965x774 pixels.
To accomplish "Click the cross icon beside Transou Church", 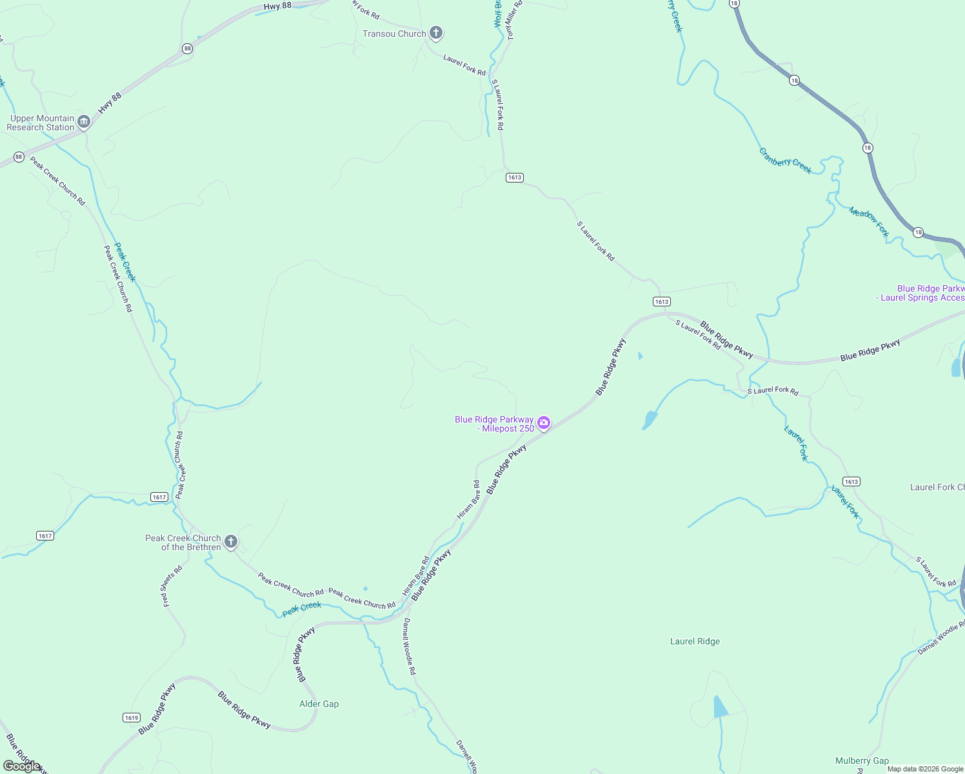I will pos(436,33).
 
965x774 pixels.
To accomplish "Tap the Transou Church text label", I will pos(394,34).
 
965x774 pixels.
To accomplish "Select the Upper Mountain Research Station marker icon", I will pos(84,122).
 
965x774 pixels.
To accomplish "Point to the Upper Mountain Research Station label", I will pos(41,123).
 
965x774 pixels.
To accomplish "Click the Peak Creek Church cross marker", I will pos(231,542).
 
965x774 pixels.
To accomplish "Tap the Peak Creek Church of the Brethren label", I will pos(183,542).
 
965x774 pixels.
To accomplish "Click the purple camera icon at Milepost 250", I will pos(544,423).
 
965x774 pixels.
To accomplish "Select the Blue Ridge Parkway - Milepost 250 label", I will pos(495,424).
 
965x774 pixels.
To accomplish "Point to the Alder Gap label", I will pos(319,704).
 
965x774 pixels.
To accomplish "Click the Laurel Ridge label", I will pos(695,641).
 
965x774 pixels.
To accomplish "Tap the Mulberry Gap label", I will pos(862,760).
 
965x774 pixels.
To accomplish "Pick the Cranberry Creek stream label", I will pos(785,161).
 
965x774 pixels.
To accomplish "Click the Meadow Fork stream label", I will pos(869,222).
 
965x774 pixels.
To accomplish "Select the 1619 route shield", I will pos(131,717).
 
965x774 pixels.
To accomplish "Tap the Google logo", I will pos(21,766).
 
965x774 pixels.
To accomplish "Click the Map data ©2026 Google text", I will pos(925,769).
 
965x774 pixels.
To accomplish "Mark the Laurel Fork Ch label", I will pos(937,487).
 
